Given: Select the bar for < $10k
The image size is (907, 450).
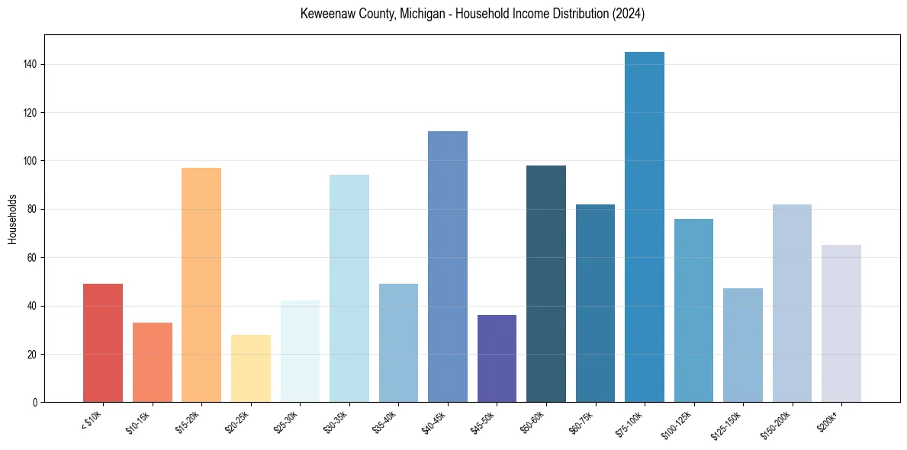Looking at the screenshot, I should (103, 343).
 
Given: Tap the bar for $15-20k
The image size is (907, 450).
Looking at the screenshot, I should (201, 285).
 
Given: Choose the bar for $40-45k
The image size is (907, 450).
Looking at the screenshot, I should (448, 267).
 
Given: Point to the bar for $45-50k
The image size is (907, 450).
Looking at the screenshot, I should (497, 358).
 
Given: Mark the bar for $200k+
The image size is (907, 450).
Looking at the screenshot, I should (841, 323).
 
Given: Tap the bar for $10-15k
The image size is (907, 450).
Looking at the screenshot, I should (153, 362).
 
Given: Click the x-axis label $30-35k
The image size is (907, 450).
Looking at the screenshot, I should (335, 422).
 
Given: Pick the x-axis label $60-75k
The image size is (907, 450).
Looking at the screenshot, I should (581, 422).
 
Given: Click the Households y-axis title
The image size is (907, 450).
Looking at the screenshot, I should (13, 219).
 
